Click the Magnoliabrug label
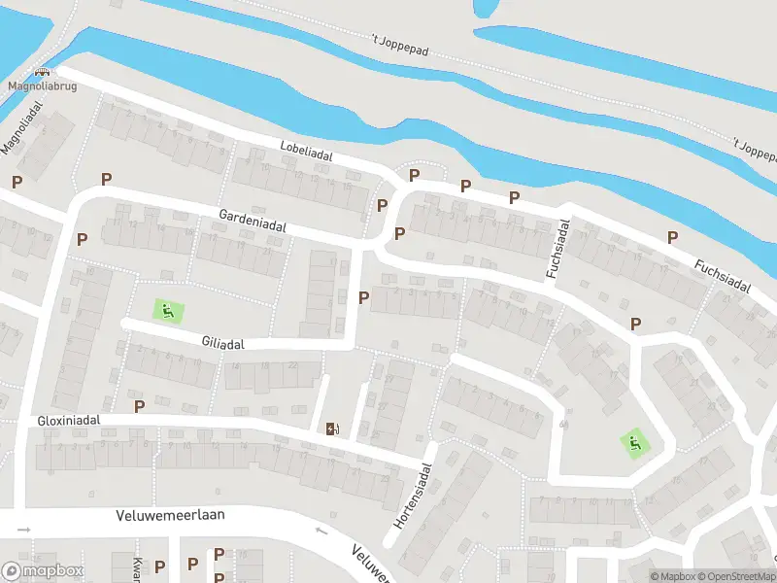42,86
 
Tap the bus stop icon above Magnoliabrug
42,72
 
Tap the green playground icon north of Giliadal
168,311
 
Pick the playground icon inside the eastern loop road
634,444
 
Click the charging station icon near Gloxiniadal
333,428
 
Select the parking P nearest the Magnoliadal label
17,182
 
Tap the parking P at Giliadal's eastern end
364,297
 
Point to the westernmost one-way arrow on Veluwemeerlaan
24,530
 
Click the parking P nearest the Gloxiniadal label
139,405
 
